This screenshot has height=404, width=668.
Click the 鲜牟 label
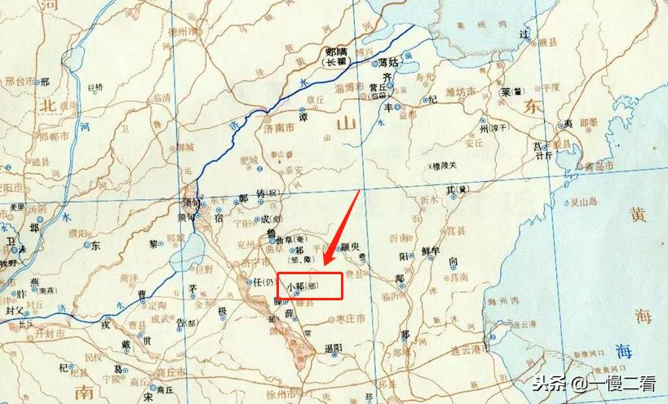tap(431, 251)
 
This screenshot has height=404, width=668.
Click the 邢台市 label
tap(20, 82)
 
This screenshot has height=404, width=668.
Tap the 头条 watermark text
tap(548, 381)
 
